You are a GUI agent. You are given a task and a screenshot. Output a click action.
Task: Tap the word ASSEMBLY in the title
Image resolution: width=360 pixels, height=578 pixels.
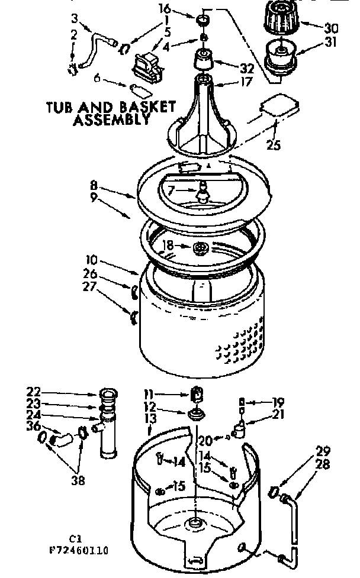pos(110,121)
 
